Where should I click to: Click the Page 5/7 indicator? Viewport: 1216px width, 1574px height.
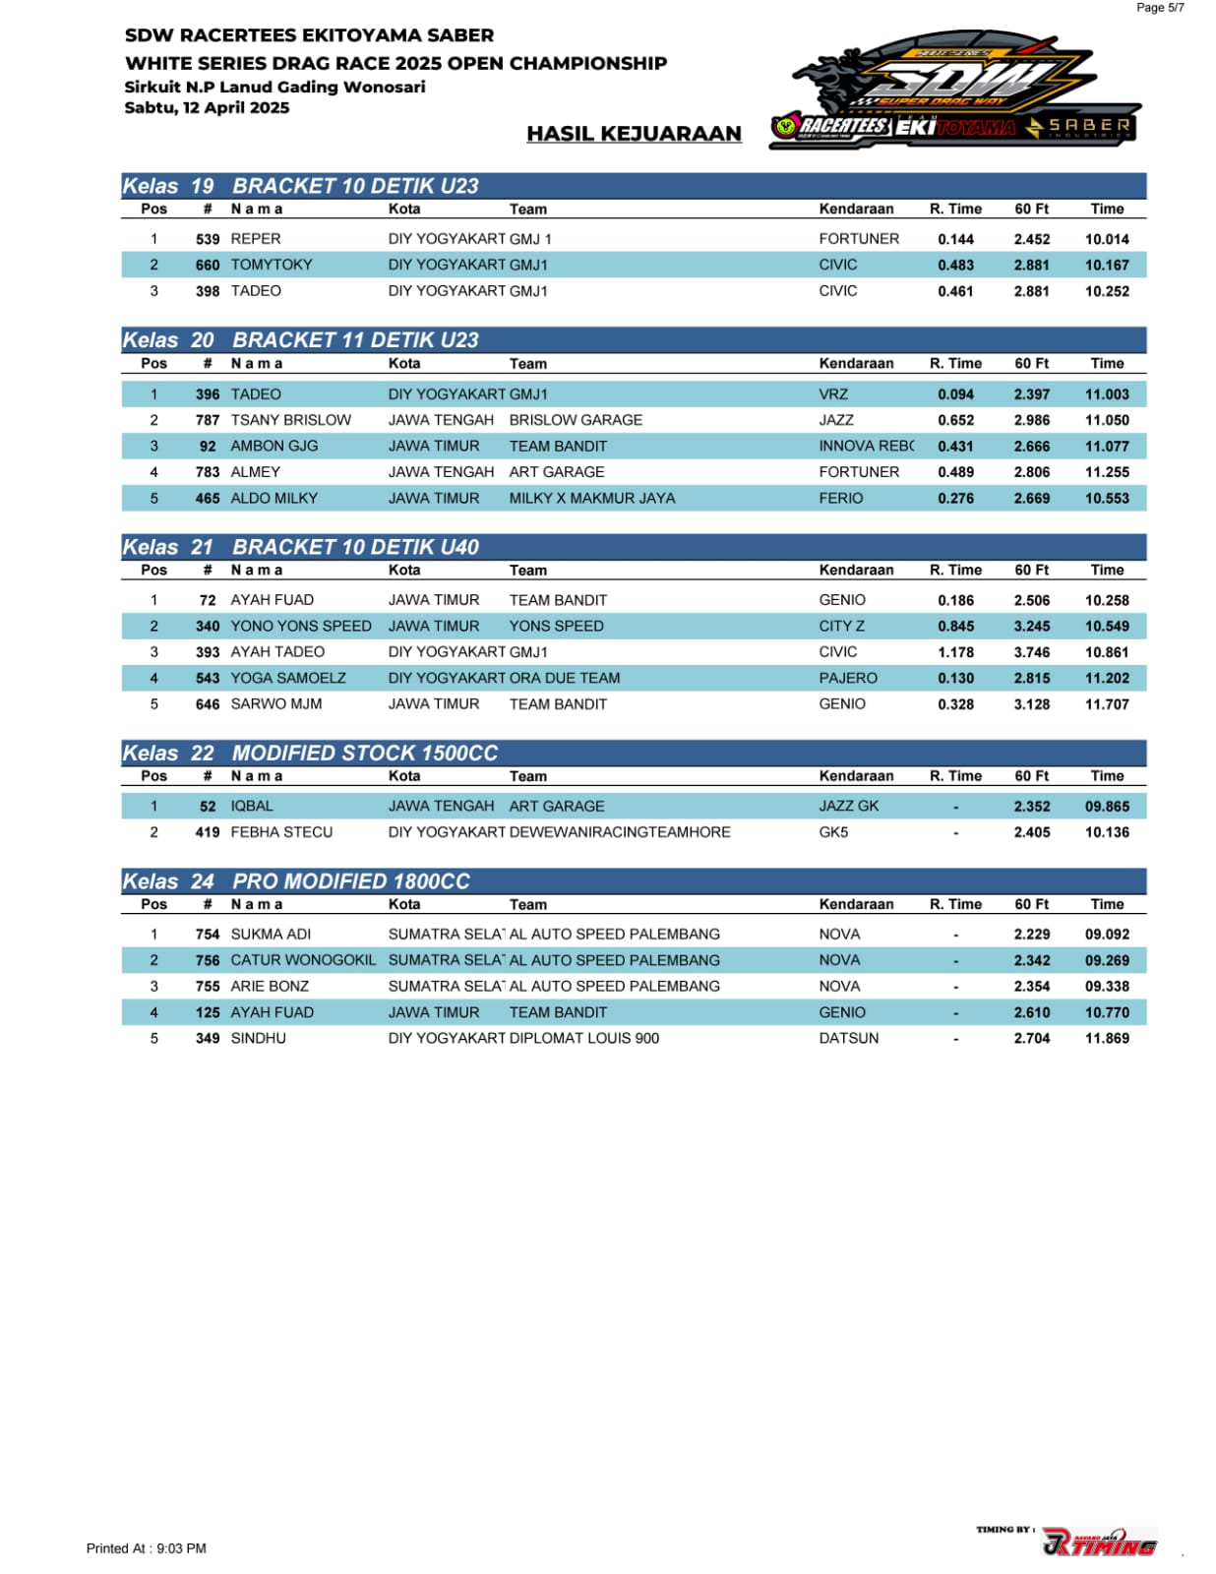tap(1160, 8)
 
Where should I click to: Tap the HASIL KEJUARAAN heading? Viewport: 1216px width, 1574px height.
tap(634, 134)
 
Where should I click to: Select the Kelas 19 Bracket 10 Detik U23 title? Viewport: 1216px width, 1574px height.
tap(301, 186)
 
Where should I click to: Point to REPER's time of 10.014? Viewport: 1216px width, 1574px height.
tap(1107, 239)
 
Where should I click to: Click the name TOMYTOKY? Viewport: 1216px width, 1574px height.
tap(272, 265)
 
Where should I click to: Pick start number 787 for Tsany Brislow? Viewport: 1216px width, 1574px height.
tap(208, 420)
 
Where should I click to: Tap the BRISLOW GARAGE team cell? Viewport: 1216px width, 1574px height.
tap(576, 420)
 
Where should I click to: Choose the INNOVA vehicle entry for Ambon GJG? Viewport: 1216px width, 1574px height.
tap(866, 446)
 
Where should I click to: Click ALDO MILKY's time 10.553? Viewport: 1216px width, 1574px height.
tap(1107, 499)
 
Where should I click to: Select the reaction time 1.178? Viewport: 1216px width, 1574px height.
tap(955, 652)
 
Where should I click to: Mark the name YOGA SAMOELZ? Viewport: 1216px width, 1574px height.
tap(288, 678)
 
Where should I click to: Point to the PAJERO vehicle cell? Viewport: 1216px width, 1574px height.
tap(848, 678)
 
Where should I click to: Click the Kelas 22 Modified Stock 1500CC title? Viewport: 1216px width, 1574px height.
tap(311, 754)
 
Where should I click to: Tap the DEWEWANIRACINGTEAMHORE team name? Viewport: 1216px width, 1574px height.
tap(620, 832)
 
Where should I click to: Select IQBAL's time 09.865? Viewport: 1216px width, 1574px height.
tap(1107, 807)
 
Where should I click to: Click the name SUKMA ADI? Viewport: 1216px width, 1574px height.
tap(271, 935)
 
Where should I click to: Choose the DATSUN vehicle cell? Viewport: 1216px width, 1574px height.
tap(849, 1039)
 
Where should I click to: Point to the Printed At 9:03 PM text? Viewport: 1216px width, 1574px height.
tap(147, 1548)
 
